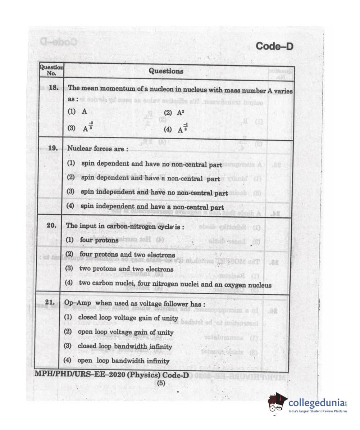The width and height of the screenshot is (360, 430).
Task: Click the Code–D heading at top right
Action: [x=274, y=46]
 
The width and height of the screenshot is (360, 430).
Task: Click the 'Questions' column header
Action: [x=166, y=71]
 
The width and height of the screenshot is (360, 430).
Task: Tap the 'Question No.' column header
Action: [x=51, y=70]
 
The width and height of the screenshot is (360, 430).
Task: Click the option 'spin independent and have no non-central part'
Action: [x=154, y=193]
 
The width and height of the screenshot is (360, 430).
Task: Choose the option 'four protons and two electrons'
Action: [x=127, y=254]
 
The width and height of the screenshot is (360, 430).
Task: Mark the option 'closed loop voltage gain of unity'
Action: [x=128, y=318]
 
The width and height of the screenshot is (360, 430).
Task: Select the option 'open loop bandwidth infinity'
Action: [x=123, y=361]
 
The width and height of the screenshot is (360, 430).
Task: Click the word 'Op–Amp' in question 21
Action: [x=78, y=303]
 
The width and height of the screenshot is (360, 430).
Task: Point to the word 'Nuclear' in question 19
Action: [x=79, y=148]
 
